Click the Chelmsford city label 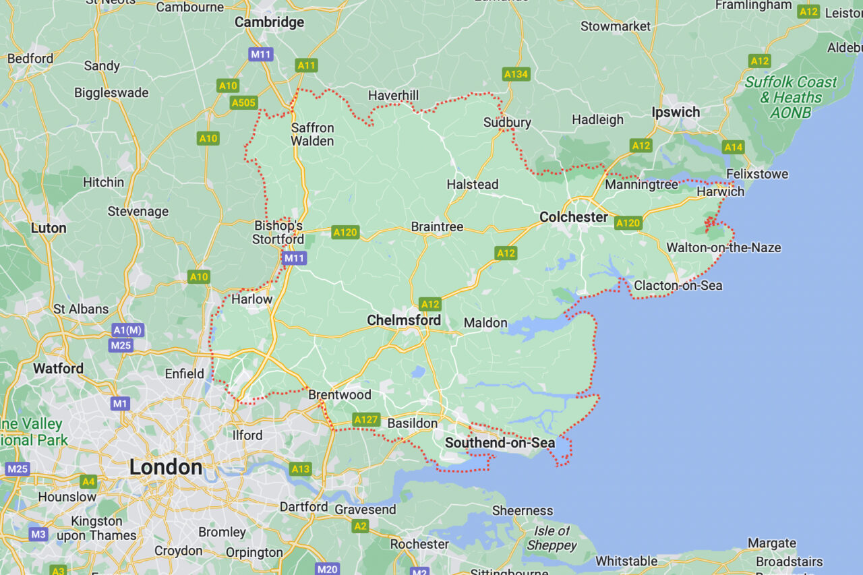tap(404, 320)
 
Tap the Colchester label tap(574, 217)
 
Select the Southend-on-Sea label tap(500, 443)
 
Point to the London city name tap(166, 467)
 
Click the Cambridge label tap(269, 22)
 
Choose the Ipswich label tap(676, 113)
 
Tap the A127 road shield tap(366, 419)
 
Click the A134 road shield tap(516, 74)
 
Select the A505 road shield tap(243, 102)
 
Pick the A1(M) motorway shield tap(127, 330)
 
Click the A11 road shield tap(306, 65)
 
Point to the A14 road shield tap(733, 147)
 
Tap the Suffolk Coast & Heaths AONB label tap(790, 97)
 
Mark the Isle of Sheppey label tap(552, 538)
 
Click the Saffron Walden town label tap(312, 134)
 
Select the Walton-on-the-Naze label tap(723, 247)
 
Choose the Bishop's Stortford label tap(278, 233)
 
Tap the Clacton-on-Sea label tap(678, 286)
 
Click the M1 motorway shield tap(120, 404)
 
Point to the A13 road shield tap(301, 468)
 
